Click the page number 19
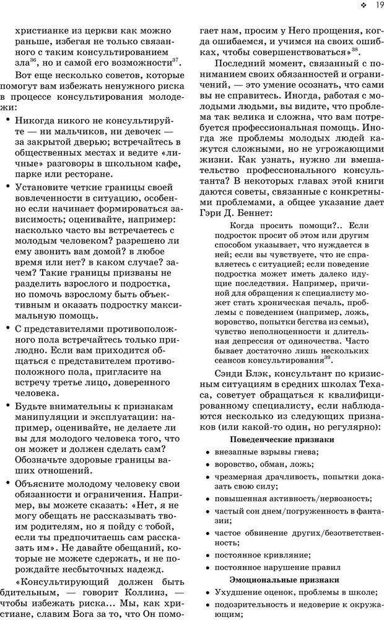(x=376, y=7)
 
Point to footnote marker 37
(x=175, y=60)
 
